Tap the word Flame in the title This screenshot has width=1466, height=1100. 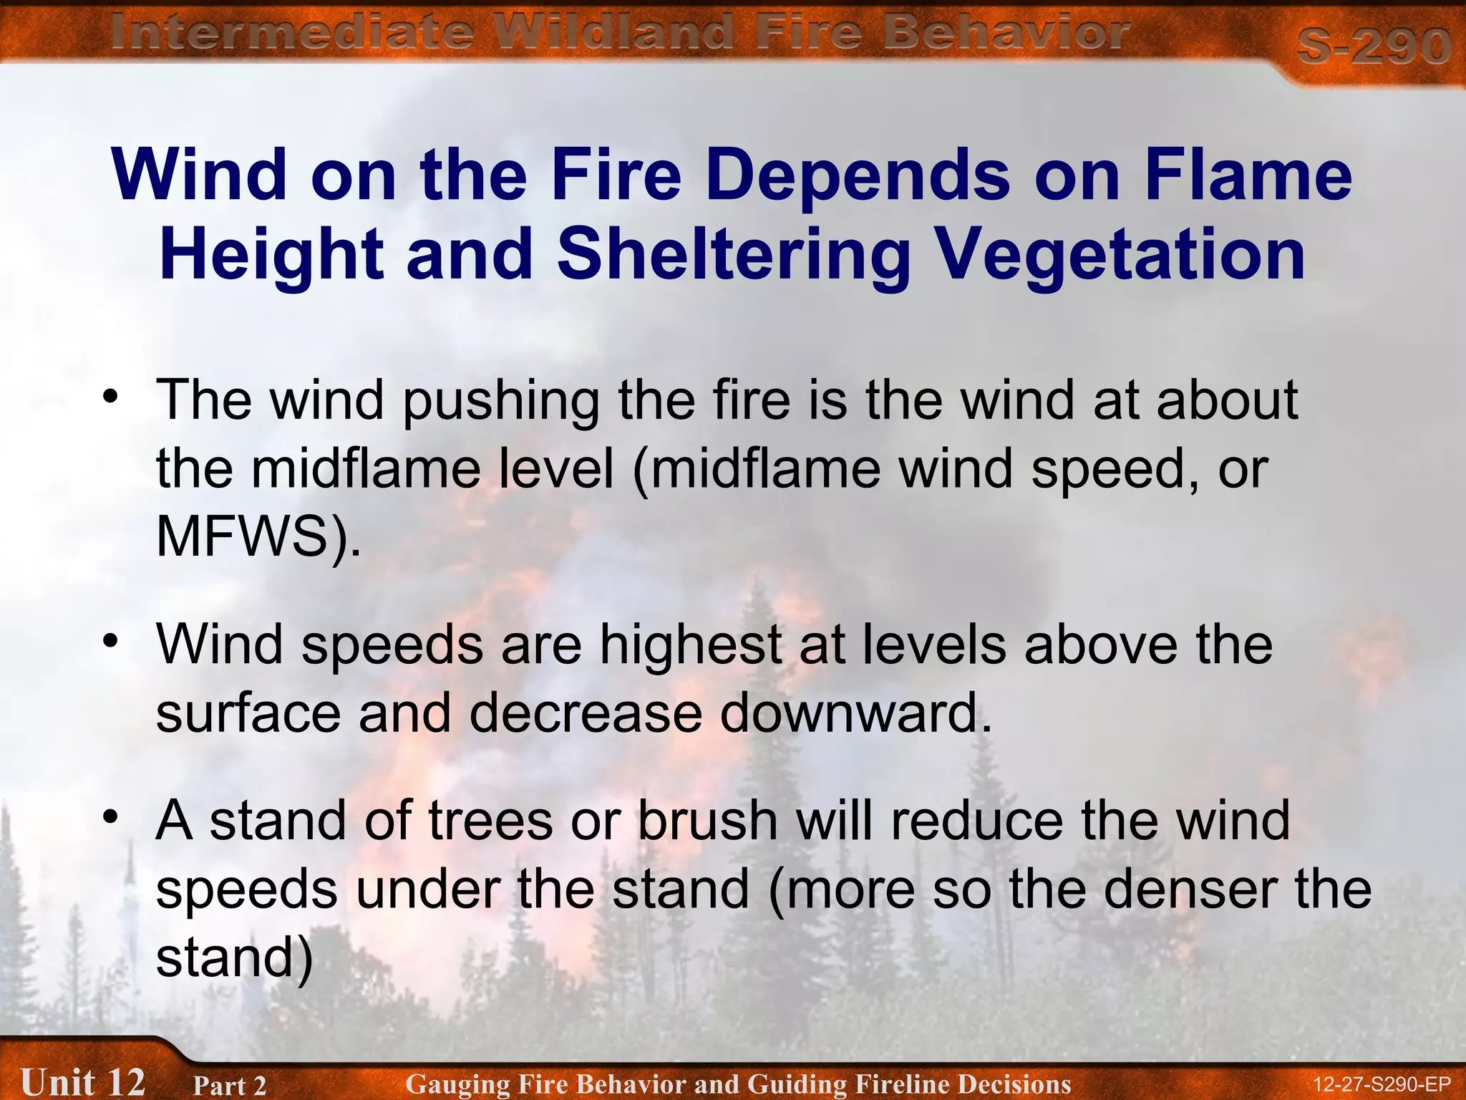point(1248,175)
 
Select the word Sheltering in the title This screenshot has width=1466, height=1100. point(734,255)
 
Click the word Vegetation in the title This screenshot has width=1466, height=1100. point(1120,255)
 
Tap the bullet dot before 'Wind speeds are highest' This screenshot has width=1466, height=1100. point(110,640)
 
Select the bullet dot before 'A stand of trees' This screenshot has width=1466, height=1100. point(110,816)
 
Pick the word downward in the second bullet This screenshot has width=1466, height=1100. point(855,713)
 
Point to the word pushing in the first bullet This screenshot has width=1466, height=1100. point(500,401)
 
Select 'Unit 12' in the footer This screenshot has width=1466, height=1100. point(82,1081)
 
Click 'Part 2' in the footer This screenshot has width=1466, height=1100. point(229,1085)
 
